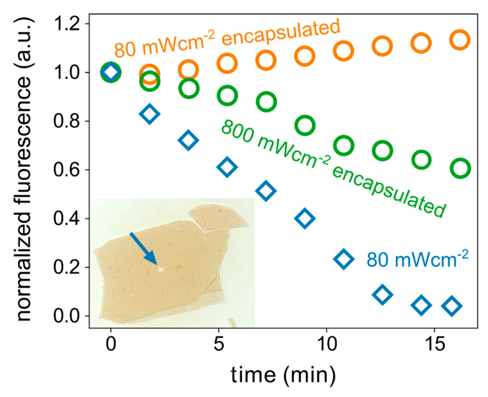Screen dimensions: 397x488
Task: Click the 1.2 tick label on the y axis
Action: point(67,24)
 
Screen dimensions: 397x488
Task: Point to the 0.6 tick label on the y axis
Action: point(67,170)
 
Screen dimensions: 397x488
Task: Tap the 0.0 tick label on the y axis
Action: point(67,316)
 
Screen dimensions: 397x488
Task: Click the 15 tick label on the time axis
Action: point(435,344)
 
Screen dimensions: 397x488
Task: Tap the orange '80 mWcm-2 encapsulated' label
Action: point(227,39)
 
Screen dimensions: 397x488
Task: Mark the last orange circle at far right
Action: point(460,40)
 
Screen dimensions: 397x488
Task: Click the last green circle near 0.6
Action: point(460,168)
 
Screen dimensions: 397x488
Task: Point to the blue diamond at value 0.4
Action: point(305,218)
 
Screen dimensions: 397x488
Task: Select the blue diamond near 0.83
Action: point(150,114)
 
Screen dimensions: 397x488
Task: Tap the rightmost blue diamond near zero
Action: point(452,306)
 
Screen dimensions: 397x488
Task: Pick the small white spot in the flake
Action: point(161,269)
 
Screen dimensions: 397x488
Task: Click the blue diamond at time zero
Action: point(111,72)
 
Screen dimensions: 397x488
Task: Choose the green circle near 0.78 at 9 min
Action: point(305,125)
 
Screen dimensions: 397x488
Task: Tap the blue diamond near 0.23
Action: point(344,259)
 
